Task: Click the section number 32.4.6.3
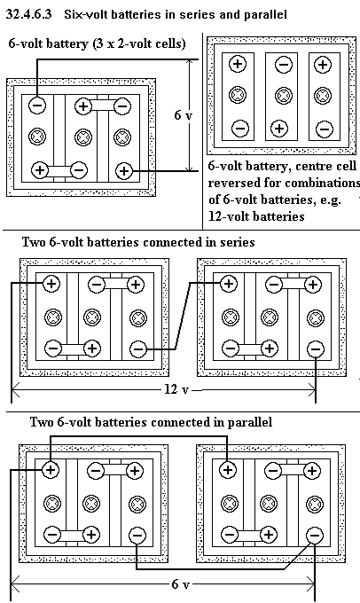[x=29, y=14]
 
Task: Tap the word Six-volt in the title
[x=82, y=14]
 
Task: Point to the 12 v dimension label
[x=177, y=389]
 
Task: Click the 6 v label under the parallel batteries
[x=180, y=584]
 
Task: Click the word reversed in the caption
[x=233, y=183]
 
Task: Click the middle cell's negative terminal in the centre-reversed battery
[x=284, y=64]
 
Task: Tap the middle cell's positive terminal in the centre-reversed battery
[x=279, y=128]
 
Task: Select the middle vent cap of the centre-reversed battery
[x=284, y=96]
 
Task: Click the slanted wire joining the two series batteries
[x=183, y=317]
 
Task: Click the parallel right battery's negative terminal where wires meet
[x=315, y=535]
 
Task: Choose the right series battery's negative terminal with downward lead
[x=316, y=349]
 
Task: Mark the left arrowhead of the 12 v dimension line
[x=15, y=392]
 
